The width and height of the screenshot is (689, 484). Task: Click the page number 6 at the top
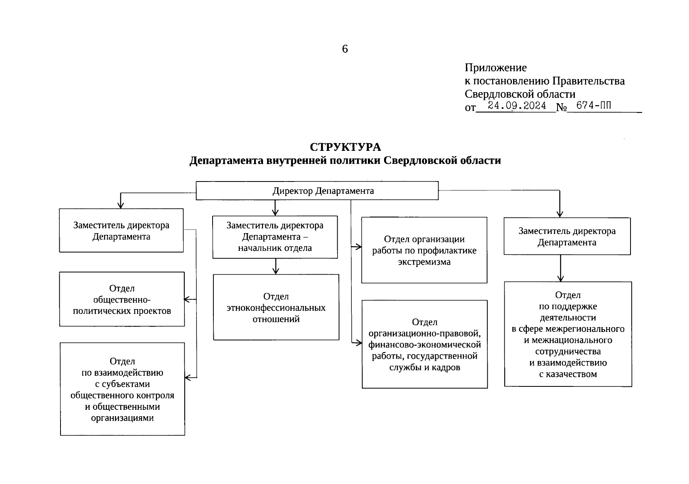click(x=344, y=49)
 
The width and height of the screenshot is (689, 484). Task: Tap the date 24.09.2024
click(x=517, y=106)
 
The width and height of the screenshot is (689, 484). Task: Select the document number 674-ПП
click(x=593, y=106)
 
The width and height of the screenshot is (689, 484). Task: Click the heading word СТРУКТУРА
click(x=345, y=147)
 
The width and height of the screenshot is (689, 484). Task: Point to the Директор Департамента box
click(x=317, y=191)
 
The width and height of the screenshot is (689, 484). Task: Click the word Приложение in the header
click(x=495, y=67)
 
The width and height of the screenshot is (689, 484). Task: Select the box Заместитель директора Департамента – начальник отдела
click(x=275, y=237)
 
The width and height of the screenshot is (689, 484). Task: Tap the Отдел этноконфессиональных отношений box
click(x=276, y=307)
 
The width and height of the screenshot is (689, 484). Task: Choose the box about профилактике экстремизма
click(x=424, y=250)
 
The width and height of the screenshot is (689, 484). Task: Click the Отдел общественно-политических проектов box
click(x=122, y=299)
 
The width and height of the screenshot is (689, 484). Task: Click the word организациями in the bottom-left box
click(x=122, y=418)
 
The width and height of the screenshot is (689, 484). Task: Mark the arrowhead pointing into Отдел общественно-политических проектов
click(x=187, y=299)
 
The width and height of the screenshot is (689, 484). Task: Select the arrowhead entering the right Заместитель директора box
click(x=560, y=214)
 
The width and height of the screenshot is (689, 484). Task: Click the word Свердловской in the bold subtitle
click(x=412, y=161)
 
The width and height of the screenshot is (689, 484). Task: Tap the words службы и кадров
click(x=424, y=367)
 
